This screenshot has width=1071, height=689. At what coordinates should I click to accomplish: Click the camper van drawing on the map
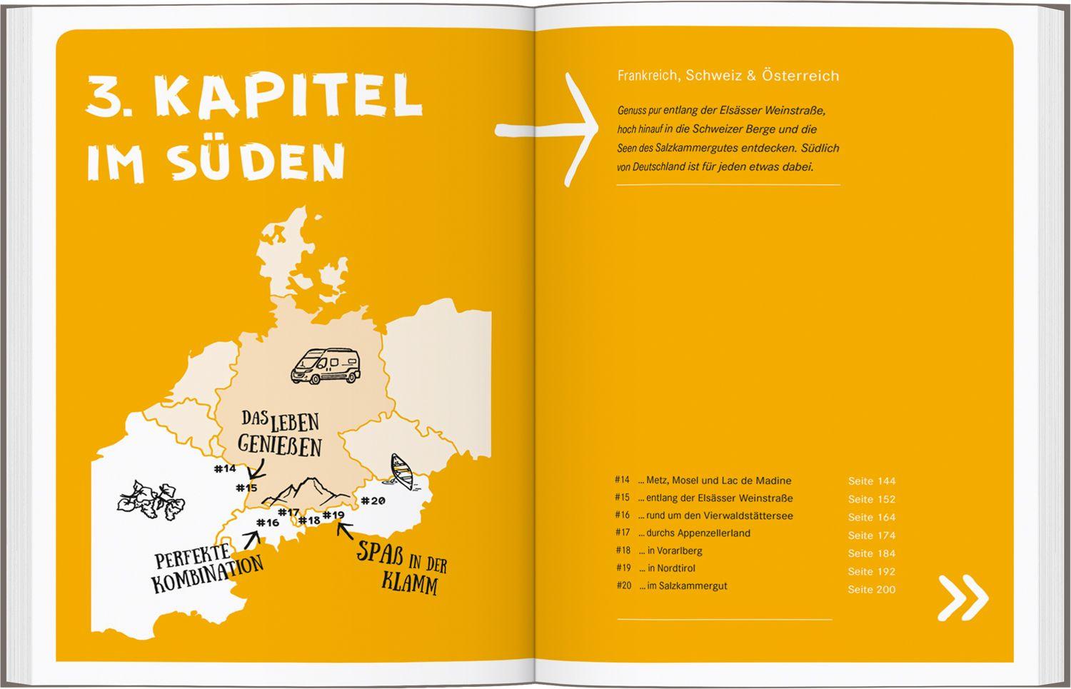tap(325, 366)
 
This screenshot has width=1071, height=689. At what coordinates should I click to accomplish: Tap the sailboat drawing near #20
tap(403, 472)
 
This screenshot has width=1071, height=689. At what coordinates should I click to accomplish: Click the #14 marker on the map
tap(224, 469)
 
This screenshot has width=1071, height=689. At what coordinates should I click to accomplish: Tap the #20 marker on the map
tap(373, 501)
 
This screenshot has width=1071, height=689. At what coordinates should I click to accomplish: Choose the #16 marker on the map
tap(268, 523)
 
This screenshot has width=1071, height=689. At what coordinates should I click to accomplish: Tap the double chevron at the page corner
tap(962, 596)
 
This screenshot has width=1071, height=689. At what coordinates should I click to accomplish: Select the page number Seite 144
tap(871, 481)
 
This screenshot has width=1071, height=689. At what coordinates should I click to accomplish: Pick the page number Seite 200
tap(871, 590)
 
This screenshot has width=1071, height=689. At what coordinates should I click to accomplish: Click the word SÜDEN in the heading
tap(257, 163)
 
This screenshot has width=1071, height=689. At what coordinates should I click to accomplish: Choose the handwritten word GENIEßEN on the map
tap(279, 446)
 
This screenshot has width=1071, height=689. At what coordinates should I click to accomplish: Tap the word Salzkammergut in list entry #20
tap(693, 585)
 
